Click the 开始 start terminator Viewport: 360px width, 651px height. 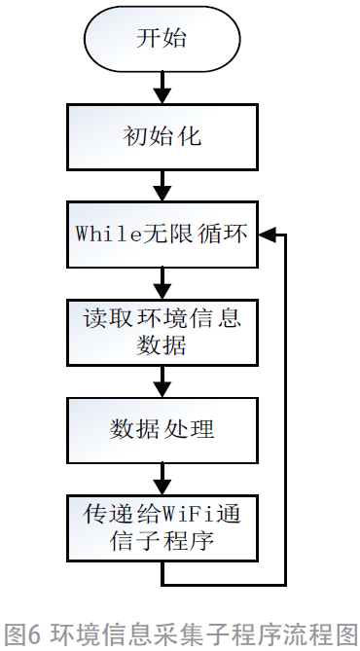coord(162,41)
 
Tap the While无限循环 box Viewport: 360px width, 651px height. coord(162,235)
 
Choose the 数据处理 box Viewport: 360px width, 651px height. coord(162,428)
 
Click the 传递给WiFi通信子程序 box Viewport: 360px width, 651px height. coord(162,526)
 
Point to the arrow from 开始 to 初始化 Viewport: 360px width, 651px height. coord(162,89)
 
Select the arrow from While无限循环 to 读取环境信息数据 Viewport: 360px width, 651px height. coord(162,283)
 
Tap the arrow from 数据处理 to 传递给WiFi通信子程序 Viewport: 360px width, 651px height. coord(162,477)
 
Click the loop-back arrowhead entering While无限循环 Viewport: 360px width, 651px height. coord(268,235)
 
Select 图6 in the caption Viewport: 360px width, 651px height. coord(22,633)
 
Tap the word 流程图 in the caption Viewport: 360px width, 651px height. coord(322,633)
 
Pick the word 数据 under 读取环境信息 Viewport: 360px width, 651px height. coord(162,345)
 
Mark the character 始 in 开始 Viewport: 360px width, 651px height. coord(176,41)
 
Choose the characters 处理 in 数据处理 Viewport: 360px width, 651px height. coord(194,428)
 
